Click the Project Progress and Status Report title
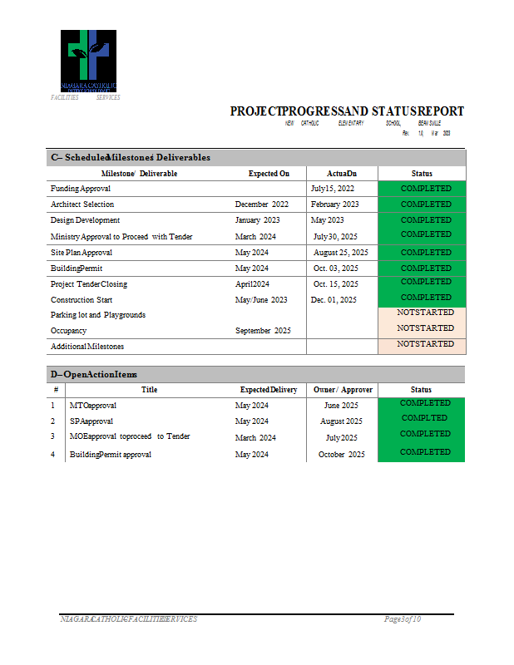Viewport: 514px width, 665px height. [x=347, y=111]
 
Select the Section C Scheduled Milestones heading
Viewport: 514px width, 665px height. [x=131, y=157]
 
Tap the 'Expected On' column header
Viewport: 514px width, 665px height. [x=269, y=174]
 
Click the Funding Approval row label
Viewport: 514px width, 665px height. [x=81, y=189]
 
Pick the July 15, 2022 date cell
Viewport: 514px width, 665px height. [x=333, y=189]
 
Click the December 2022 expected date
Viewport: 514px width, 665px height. [x=262, y=204]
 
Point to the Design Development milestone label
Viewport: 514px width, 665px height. [x=85, y=220]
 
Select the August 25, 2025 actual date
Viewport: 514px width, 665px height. [x=340, y=252]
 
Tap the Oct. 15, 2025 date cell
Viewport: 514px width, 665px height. [x=335, y=284]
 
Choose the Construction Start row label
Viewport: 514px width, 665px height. [x=82, y=300]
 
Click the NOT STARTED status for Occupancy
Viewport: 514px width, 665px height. [x=425, y=328]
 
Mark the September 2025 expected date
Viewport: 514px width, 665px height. [x=263, y=331]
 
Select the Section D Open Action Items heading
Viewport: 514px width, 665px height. [x=94, y=375]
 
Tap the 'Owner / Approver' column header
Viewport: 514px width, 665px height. [x=343, y=390]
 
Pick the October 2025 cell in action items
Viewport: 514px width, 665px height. [x=341, y=455]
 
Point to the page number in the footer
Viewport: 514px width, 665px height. [x=403, y=619]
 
